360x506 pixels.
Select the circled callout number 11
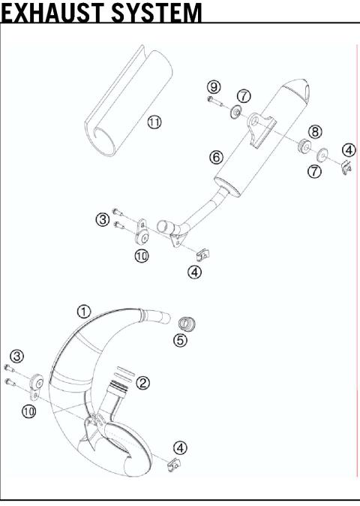click(x=154, y=122)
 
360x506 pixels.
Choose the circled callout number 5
click(x=180, y=340)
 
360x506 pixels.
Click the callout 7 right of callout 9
click(x=244, y=95)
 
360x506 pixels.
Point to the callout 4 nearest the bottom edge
click(x=181, y=447)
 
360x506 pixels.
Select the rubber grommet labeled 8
click(x=306, y=144)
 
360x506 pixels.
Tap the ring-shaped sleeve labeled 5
click(x=185, y=324)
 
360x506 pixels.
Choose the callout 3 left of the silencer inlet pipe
click(x=103, y=219)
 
